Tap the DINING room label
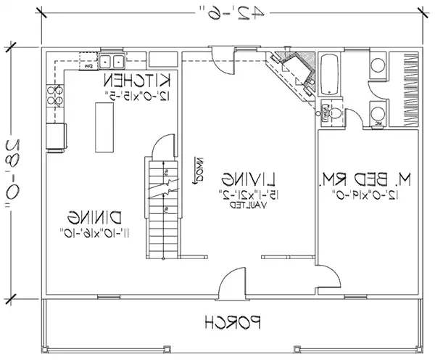[x=97, y=216]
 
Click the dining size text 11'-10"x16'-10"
[x=97, y=232]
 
